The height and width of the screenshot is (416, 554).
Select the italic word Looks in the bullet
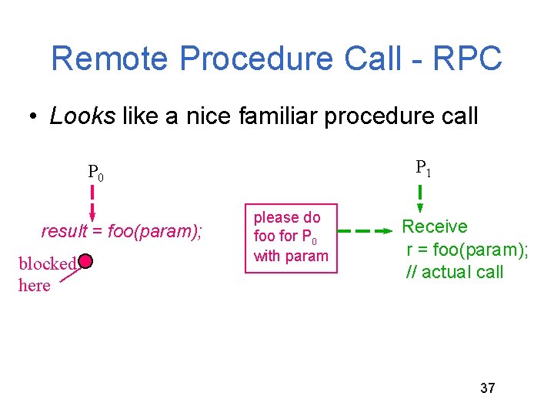point(82,116)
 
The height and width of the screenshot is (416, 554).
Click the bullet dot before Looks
point(33,117)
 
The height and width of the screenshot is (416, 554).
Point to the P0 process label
point(95,173)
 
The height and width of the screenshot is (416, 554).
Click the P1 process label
point(423,167)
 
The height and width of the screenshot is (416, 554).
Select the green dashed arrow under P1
point(420,198)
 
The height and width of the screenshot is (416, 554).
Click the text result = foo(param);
point(122,231)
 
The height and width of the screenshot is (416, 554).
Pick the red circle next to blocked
point(85,262)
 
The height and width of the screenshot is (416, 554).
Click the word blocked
point(47,263)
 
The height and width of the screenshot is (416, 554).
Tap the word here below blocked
point(35,286)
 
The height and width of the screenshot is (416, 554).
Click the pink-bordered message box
point(290,237)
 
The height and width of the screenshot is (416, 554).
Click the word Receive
point(435,226)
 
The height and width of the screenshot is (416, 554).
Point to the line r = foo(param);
point(467,249)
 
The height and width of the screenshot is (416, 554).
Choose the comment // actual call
point(455,271)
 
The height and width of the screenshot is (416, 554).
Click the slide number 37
point(487,387)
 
